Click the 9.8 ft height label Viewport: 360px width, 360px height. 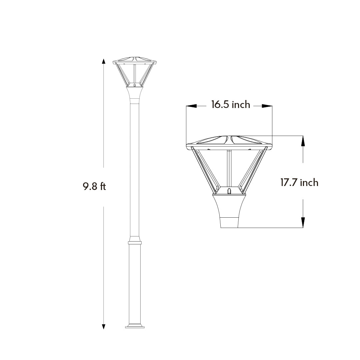(x=94, y=186)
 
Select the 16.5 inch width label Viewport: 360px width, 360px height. (x=230, y=105)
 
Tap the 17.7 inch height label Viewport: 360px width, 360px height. (x=299, y=183)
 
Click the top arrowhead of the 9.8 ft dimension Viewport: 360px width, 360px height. (x=104, y=61)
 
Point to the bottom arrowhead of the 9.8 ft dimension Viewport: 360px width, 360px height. (x=104, y=327)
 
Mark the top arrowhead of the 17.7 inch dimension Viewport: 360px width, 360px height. (x=303, y=141)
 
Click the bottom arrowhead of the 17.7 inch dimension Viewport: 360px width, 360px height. (x=303, y=222)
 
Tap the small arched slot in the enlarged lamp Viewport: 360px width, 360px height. (x=229, y=191)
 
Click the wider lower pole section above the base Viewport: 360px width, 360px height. (x=135, y=283)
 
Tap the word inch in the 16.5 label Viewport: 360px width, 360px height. (x=241, y=105)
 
